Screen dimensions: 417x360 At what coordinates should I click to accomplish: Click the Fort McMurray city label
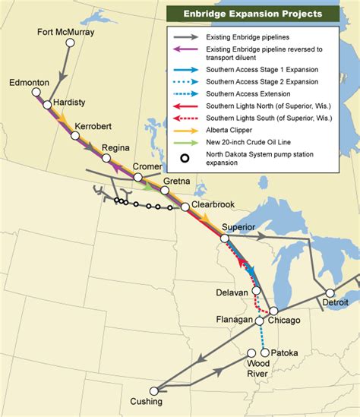click(x=67, y=31)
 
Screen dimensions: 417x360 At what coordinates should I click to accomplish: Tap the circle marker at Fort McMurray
click(x=70, y=43)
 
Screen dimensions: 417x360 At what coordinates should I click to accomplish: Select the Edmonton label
click(x=30, y=81)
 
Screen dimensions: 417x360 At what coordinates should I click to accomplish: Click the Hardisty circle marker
click(x=47, y=105)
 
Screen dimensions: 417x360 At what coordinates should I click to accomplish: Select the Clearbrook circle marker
click(x=185, y=207)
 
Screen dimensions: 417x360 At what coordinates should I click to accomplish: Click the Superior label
click(x=238, y=227)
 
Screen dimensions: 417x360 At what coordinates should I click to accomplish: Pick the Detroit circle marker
click(x=330, y=292)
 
